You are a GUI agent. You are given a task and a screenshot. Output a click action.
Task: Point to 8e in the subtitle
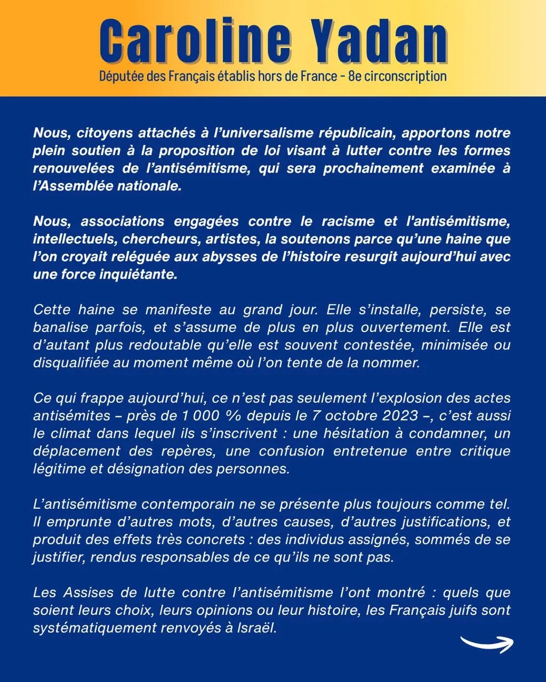pos(355,76)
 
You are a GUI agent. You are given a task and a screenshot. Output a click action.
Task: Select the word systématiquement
pos(86,628)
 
